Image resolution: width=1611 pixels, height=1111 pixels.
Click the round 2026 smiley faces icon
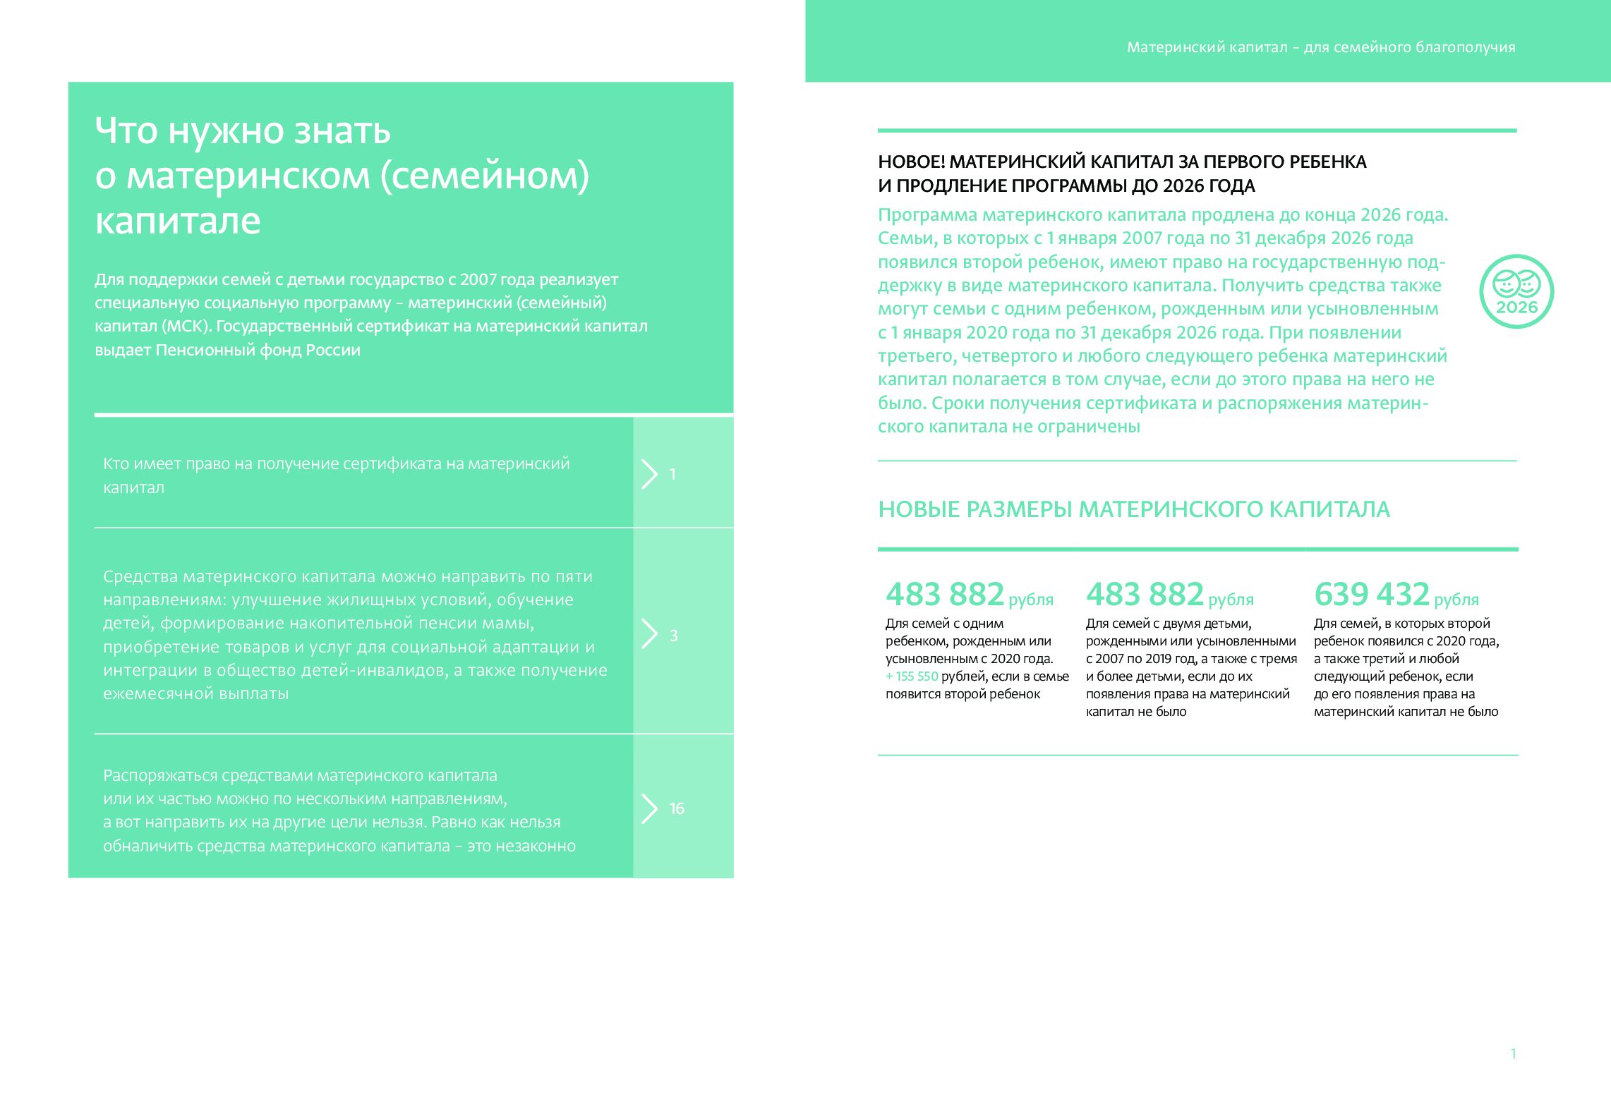[1516, 291]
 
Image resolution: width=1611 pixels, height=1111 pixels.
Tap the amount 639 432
[1371, 594]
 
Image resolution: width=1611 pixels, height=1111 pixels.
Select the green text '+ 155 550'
[912, 676]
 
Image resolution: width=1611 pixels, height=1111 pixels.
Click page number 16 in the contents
[677, 808]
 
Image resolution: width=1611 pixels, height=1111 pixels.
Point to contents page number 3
[673, 636]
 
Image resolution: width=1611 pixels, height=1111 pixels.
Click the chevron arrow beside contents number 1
[649, 474]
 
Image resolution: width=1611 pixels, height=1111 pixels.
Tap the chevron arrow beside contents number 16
[649, 808]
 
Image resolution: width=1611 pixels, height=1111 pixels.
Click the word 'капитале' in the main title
[178, 221]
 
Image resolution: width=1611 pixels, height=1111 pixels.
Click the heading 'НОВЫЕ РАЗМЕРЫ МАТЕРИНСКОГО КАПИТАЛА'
[1133, 509]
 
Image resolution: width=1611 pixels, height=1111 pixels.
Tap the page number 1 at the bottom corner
[1513, 1054]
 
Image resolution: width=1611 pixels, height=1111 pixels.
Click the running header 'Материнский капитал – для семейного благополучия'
[1320, 47]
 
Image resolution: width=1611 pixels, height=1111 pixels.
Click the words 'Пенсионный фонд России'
[258, 350]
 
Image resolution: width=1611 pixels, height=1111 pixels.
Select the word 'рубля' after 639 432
[1456, 600]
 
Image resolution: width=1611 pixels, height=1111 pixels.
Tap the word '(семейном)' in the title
[485, 176]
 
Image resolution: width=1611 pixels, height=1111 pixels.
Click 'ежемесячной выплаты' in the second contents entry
[195, 693]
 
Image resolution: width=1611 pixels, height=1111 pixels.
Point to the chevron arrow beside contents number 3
[649, 633]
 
